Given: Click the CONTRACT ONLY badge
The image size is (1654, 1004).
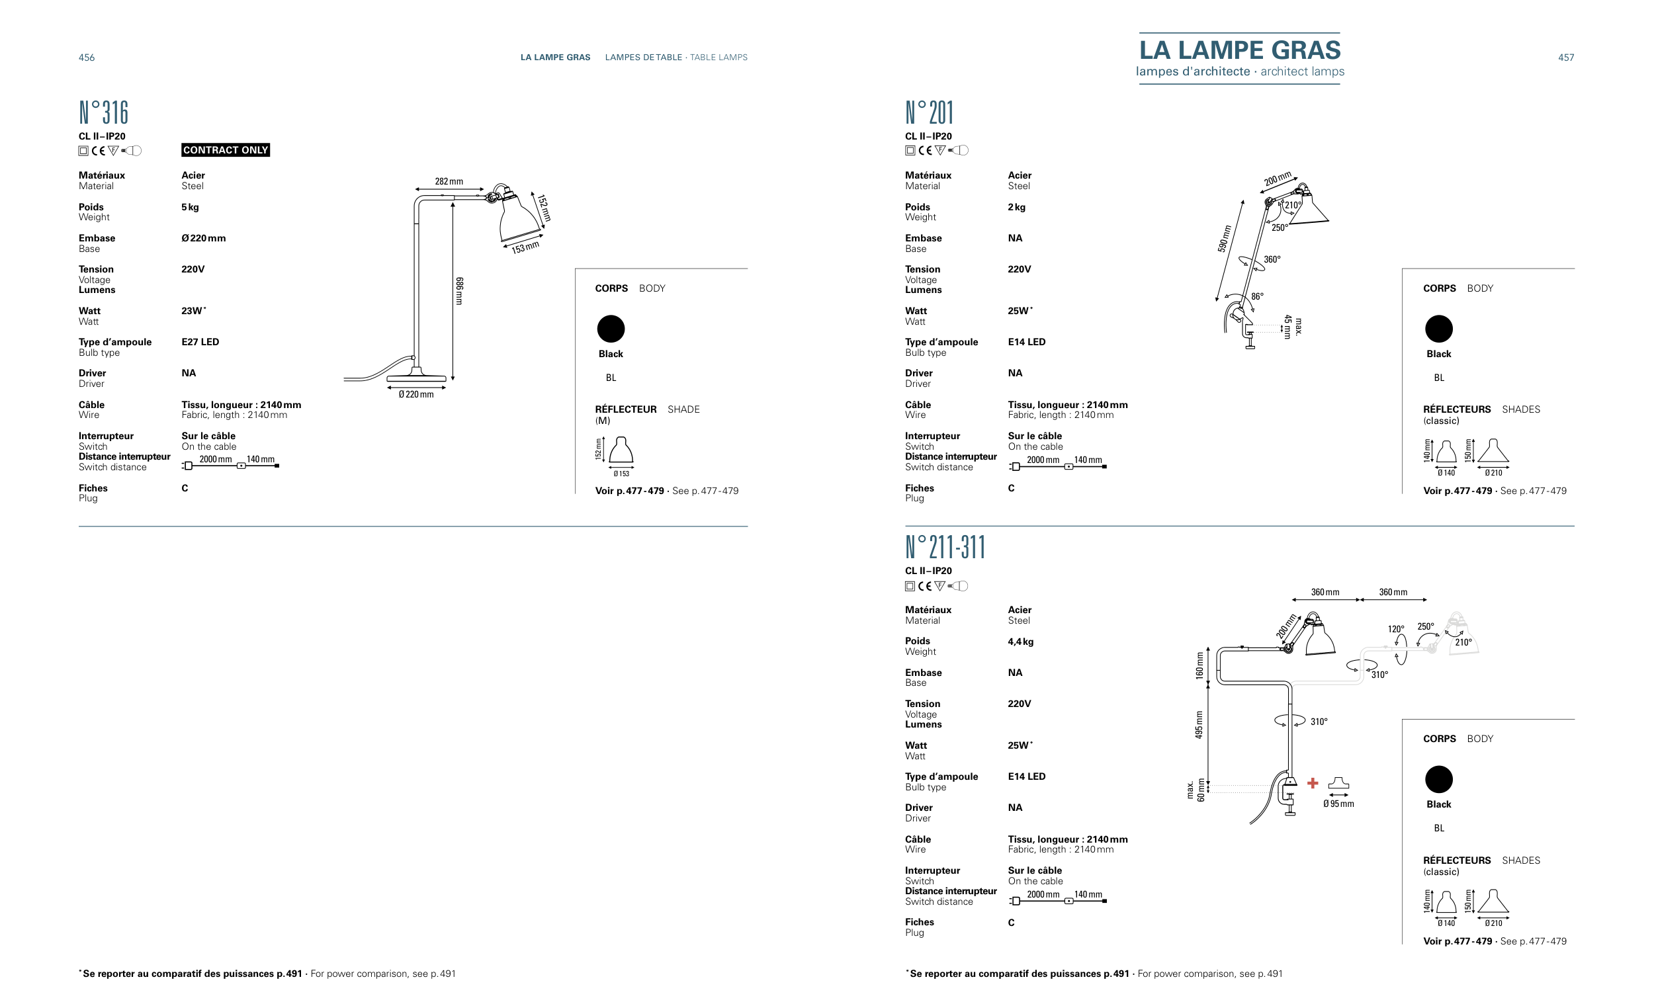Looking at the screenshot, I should pyautogui.click(x=225, y=149).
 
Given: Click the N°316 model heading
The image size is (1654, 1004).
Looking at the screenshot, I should pyautogui.click(x=103, y=112).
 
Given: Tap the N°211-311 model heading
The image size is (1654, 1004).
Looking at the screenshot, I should pyautogui.click(x=945, y=547).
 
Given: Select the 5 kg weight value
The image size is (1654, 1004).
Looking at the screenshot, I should pyautogui.click(x=190, y=207).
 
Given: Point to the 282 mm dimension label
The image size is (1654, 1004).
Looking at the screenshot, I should pyautogui.click(x=449, y=181).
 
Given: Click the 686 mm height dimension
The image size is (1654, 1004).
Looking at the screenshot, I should pyautogui.click(x=459, y=291).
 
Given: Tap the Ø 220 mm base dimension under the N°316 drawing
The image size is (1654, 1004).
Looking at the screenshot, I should pyautogui.click(x=415, y=395).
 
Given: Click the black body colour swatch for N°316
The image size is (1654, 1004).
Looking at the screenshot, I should pyautogui.click(x=610, y=329).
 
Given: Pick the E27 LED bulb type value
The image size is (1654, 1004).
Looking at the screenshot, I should pyautogui.click(x=200, y=341).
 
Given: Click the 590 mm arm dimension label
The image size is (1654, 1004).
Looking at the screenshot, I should pyautogui.click(x=1225, y=239).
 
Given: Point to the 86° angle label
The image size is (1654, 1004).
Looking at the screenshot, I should pyautogui.click(x=1256, y=296).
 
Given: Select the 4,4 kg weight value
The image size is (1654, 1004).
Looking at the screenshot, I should pyautogui.click(x=1020, y=642).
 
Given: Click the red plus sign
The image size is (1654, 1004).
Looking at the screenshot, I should pyautogui.click(x=1313, y=782).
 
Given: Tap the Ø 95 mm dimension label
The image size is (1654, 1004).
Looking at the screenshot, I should pyautogui.click(x=1338, y=804).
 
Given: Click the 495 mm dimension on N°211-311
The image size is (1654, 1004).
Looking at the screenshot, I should pyautogui.click(x=1199, y=725).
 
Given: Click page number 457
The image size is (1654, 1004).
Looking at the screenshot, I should pyautogui.click(x=1565, y=58).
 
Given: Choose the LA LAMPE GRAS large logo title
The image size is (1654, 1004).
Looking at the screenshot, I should pyautogui.click(x=1239, y=50).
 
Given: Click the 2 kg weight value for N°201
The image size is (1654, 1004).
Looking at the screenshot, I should pyautogui.click(x=1016, y=207).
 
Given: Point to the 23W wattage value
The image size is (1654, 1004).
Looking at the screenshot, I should pyautogui.click(x=193, y=311).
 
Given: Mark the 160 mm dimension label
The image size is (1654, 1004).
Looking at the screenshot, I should pyautogui.click(x=1199, y=665).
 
